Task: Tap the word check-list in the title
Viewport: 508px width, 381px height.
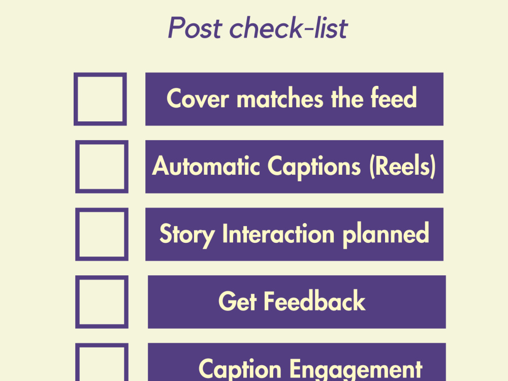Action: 289,27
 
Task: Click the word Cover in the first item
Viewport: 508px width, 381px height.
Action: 198,98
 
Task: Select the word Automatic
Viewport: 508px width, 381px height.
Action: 206,166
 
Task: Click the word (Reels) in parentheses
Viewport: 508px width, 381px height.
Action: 403,166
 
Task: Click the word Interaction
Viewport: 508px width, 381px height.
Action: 278,233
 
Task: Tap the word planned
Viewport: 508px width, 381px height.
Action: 386,235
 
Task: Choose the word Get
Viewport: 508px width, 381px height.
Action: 238,301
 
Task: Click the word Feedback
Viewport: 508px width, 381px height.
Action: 315,301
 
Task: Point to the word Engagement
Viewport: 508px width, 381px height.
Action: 356,370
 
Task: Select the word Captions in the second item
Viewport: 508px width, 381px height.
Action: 314,167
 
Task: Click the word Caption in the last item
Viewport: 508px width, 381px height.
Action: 240,370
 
